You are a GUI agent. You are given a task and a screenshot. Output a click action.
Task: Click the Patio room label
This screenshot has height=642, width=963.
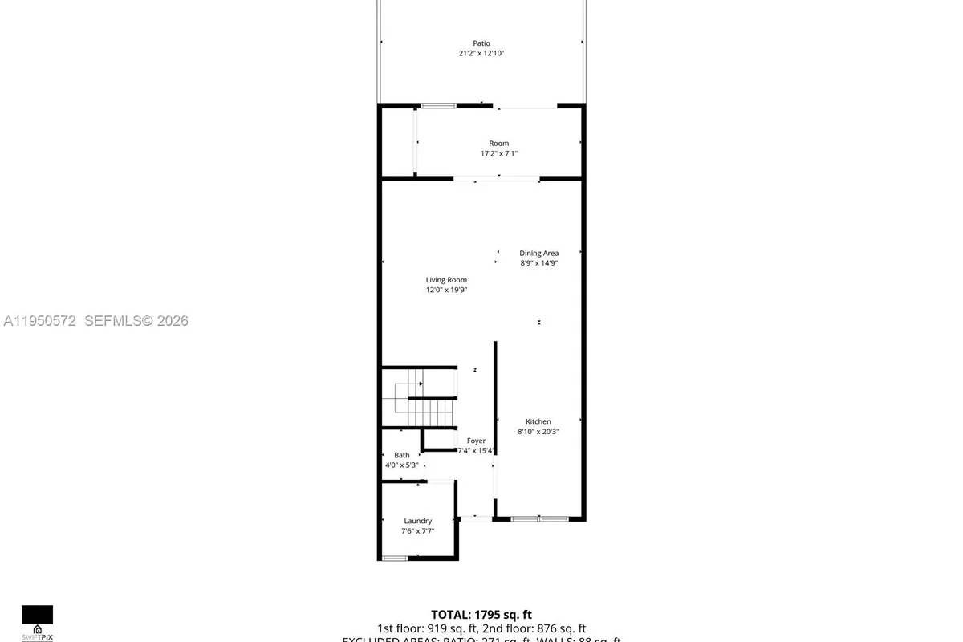tap(481, 43)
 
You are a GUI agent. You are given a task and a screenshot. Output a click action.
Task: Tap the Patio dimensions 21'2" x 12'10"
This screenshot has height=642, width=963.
tap(481, 54)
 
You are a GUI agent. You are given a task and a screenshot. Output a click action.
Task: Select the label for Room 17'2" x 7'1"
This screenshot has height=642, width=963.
tap(499, 144)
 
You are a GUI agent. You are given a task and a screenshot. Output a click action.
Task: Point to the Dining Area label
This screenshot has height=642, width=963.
tap(538, 253)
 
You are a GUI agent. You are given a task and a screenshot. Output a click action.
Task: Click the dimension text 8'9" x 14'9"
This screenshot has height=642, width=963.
tap(538, 263)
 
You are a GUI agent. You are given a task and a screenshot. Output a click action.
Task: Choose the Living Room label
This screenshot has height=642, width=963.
tap(446, 280)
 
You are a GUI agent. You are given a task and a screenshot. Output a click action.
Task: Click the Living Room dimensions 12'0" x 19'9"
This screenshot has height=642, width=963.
tap(446, 291)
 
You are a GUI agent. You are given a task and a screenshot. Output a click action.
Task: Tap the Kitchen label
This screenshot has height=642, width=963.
tap(538, 421)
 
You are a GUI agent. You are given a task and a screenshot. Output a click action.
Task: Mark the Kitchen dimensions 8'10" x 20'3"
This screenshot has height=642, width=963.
tap(538, 432)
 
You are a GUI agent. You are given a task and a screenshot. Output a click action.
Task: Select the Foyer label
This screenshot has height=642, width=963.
tap(477, 441)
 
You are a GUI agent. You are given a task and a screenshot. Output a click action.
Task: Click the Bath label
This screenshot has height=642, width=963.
tap(401, 455)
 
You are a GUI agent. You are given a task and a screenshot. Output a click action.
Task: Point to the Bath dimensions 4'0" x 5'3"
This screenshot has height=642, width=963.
tap(401, 465)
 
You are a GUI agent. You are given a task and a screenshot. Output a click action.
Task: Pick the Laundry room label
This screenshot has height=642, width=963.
tap(418, 521)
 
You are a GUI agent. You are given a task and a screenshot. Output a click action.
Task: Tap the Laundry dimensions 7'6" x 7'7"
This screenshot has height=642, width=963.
tap(418, 531)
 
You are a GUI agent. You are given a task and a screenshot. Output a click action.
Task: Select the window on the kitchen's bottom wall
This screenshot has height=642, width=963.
tap(539, 519)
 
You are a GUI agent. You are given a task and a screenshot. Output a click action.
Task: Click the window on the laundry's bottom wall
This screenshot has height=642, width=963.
tap(395, 558)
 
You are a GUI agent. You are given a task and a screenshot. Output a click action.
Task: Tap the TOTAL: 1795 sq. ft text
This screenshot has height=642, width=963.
tap(481, 615)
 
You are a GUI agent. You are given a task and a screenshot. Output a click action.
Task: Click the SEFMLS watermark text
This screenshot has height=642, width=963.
tap(95, 321)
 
